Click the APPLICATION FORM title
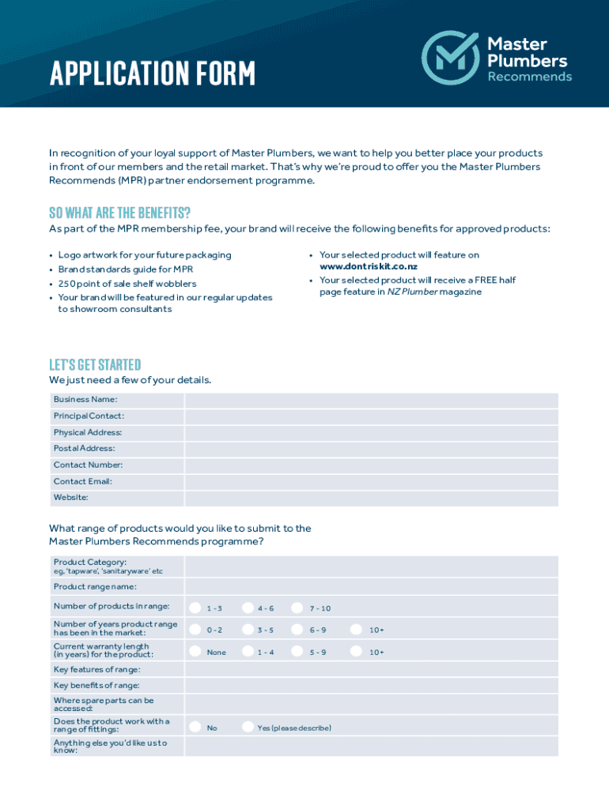pos(153,74)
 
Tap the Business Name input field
pos(371,400)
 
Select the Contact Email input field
pos(371,481)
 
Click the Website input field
pos(371,498)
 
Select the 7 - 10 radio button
pos(297,608)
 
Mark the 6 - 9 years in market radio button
pos(297,630)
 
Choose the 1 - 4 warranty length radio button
pos(248,652)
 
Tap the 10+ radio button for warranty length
pos(357,652)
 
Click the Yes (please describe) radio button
pos(248,727)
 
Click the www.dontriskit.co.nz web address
pos(369,267)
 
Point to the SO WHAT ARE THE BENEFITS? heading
pos(119,213)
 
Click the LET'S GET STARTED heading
pos(95,364)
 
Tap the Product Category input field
pos(371,566)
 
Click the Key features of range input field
pos(371,670)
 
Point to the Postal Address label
pos(85,449)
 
